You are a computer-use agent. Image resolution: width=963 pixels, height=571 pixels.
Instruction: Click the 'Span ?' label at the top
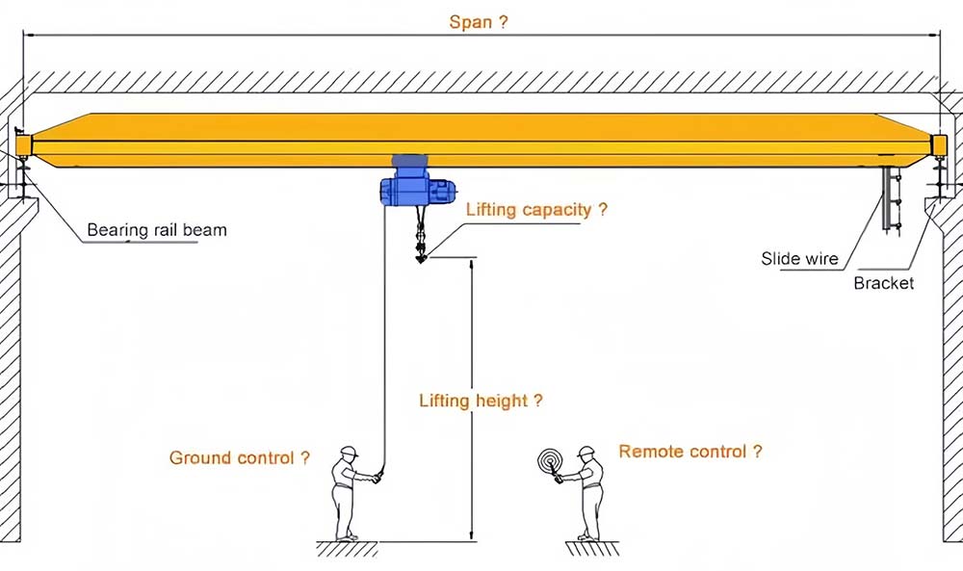click(478, 21)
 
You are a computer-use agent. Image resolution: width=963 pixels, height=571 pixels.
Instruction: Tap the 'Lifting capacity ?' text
click(536, 209)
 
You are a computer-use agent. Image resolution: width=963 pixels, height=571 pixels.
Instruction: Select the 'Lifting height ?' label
click(481, 401)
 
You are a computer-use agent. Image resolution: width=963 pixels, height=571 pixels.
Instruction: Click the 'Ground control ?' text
click(239, 458)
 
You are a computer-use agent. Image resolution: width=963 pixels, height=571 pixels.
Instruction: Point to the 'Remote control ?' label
click(690, 451)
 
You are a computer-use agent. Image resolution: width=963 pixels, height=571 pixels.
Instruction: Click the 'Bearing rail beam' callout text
click(157, 230)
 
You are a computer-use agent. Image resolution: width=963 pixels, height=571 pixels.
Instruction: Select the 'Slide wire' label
click(799, 258)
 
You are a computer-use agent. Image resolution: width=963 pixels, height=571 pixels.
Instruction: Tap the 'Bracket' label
click(883, 283)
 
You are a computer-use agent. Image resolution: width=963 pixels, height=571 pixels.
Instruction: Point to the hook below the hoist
click(421, 253)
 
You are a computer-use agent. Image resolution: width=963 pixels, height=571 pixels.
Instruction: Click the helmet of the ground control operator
click(349, 452)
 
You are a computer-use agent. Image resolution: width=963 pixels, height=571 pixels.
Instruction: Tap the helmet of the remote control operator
click(586, 452)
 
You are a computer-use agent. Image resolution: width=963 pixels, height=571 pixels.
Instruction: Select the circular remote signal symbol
click(550, 460)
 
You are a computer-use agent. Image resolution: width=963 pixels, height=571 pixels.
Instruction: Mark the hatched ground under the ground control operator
click(347, 548)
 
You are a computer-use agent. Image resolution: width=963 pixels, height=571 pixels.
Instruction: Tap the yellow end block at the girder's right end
click(938, 145)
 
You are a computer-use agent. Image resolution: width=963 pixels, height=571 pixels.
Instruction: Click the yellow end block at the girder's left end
click(24, 145)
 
